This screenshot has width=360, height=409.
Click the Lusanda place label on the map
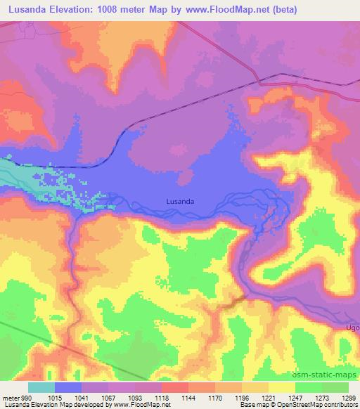pyautogui.click(x=181, y=200)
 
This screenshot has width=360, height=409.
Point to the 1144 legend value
pyautogui.click(x=188, y=397)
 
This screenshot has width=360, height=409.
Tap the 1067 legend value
pyautogui.click(x=109, y=397)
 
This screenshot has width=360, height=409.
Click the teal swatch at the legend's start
pyautogui.click(x=41, y=387)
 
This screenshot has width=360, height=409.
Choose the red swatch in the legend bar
pyautogui.click(x=175, y=387)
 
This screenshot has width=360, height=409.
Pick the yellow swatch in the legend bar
pyautogui.click(x=281, y=387)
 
